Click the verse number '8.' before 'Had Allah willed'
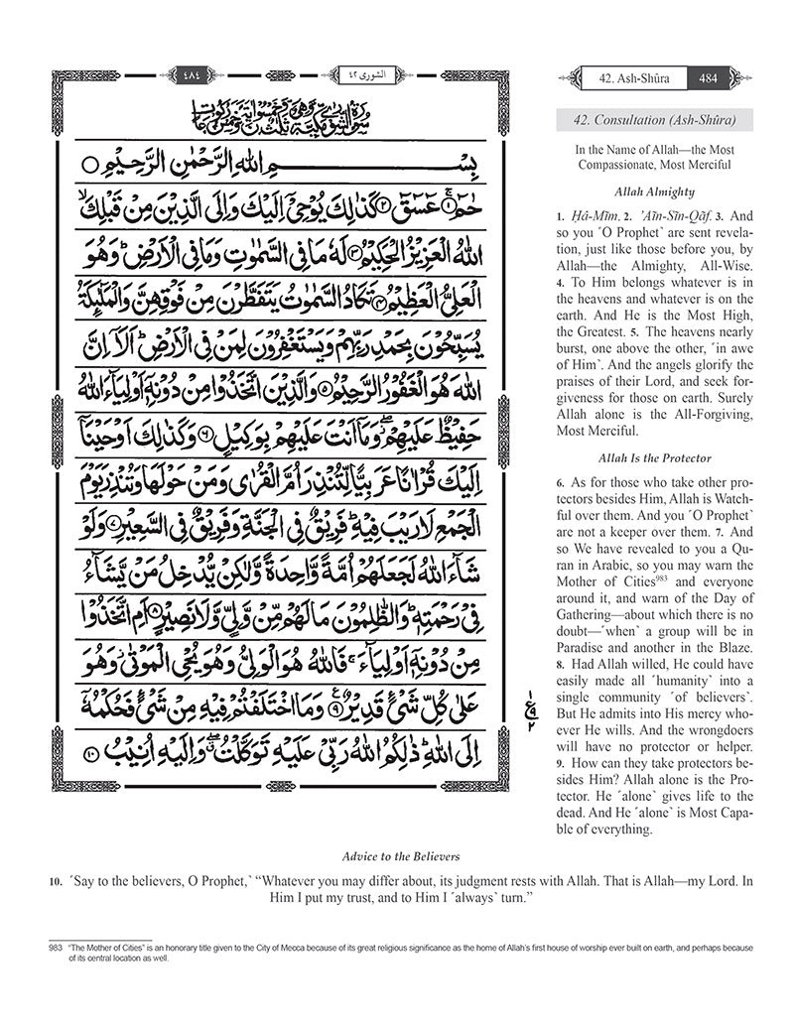click(561, 662)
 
